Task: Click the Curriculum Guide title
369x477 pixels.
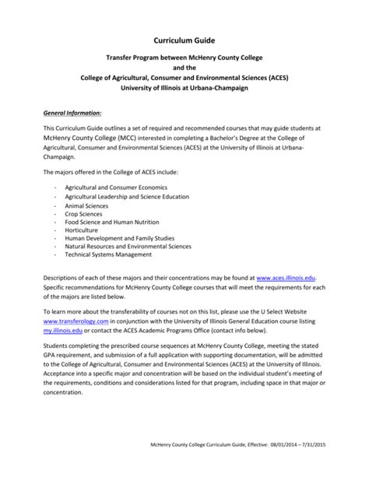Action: click(184, 39)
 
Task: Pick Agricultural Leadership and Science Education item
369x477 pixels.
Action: click(127, 197)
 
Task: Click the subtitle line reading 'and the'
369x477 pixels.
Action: click(184, 67)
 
